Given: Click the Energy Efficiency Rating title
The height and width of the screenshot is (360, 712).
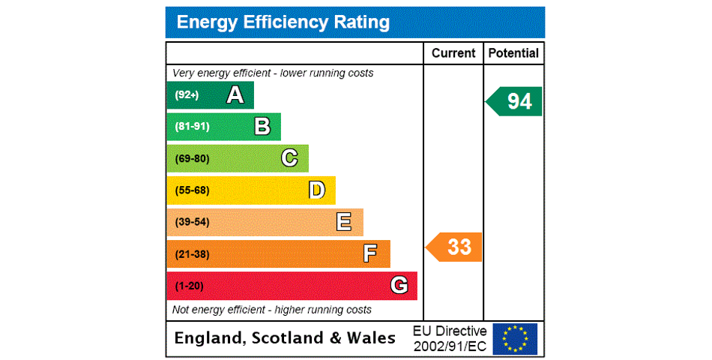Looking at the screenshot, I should pyautogui.click(x=283, y=22).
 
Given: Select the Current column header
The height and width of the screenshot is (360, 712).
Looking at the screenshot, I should pyautogui.click(x=453, y=53).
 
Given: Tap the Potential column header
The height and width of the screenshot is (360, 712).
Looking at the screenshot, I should pyautogui.click(x=513, y=53).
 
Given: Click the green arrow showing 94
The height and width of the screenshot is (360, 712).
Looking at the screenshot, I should pyautogui.click(x=516, y=101).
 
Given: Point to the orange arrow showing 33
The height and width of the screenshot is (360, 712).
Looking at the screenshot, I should pyautogui.click(x=456, y=247).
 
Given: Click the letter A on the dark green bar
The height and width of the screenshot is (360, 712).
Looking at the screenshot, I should pyautogui.click(x=235, y=95).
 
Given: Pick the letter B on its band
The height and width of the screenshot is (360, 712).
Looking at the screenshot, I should pyautogui.click(x=262, y=127).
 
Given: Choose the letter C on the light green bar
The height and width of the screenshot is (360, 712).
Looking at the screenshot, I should pyautogui.click(x=289, y=158).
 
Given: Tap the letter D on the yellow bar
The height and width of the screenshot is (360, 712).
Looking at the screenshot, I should pyautogui.click(x=317, y=190).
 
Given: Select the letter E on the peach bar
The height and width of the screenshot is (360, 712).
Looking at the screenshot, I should pyautogui.click(x=344, y=222).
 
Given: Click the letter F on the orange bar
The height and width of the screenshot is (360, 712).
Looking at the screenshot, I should pyautogui.click(x=370, y=254).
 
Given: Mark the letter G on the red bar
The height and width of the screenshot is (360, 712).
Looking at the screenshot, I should pyautogui.click(x=399, y=286).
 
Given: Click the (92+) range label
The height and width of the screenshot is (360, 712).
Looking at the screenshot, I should pyautogui.click(x=187, y=95).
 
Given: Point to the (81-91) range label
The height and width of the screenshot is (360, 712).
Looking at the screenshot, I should pyautogui.click(x=192, y=127).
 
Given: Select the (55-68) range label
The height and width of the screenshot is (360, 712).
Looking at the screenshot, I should pyautogui.click(x=192, y=190).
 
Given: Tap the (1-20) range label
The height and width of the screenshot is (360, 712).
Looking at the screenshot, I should pyautogui.click(x=189, y=286).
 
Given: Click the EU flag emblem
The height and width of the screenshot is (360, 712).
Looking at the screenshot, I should pyautogui.click(x=515, y=338).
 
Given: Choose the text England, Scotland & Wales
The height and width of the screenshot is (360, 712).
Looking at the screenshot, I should pyautogui.click(x=285, y=338).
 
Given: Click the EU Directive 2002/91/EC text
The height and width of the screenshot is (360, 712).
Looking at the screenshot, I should pyautogui.click(x=450, y=338).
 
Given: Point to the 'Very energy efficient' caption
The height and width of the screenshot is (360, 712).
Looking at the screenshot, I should pyautogui.click(x=273, y=73).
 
